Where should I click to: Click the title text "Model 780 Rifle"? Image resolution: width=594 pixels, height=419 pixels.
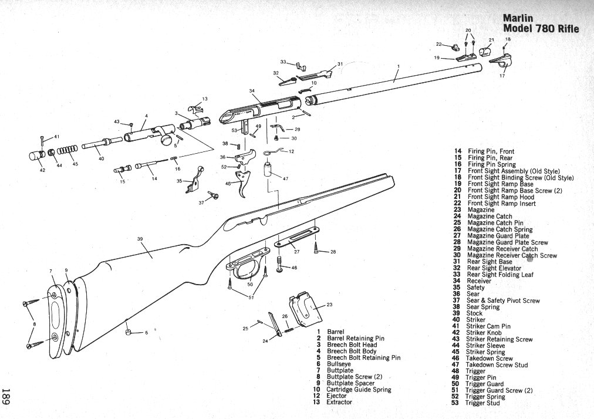click(541, 29)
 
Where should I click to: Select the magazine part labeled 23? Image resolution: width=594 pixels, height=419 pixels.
click(303, 309)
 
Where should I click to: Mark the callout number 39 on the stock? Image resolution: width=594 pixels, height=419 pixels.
click(140, 238)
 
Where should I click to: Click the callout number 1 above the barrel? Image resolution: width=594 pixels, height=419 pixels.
click(399, 66)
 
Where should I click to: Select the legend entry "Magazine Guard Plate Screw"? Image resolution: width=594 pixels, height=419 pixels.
click(507, 242)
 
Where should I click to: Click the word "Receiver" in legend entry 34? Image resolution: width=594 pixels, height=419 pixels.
click(479, 281)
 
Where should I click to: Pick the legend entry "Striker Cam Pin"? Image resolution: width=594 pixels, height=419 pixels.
click(488, 326)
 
